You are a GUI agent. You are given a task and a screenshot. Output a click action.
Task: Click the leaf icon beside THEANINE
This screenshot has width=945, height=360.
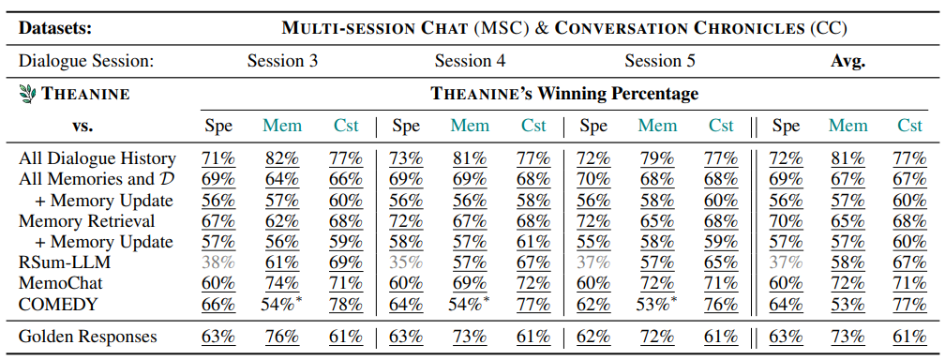click(x=27, y=94)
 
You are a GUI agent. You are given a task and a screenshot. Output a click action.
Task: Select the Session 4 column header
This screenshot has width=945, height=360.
click(x=470, y=61)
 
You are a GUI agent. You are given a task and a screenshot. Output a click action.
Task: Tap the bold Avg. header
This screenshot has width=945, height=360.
click(x=847, y=61)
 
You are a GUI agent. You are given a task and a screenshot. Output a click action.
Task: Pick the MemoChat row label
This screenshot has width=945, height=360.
click(x=61, y=283)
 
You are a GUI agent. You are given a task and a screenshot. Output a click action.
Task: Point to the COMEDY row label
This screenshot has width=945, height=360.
click(x=58, y=305)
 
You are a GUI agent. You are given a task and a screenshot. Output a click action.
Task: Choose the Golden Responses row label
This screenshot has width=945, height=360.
click(x=88, y=336)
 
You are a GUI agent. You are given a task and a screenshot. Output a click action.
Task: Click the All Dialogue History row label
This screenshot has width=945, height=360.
click(x=97, y=158)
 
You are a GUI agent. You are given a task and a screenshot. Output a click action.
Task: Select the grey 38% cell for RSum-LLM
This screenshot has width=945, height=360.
click(x=218, y=262)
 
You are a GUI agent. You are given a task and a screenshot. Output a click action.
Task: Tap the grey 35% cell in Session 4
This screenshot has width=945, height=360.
click(x=406, y=262)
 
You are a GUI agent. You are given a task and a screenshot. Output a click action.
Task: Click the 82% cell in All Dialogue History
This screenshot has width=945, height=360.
click(x=282, y=158)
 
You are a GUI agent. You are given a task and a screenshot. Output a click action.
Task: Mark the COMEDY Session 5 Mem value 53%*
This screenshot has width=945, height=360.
click(x=657, y=305)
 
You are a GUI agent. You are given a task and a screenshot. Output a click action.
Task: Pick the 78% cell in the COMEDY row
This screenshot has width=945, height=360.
click(x=346, y=305)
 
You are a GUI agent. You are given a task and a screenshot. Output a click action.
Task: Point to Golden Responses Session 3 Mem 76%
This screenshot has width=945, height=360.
click(x=282, y=336)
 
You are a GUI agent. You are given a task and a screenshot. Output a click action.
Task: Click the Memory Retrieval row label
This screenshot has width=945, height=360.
click(x=87, y=220)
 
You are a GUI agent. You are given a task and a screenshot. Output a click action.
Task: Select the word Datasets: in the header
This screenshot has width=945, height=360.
click(x=55, y=28)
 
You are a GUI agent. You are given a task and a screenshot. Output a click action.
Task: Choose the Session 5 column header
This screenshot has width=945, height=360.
click(x=659, y=61)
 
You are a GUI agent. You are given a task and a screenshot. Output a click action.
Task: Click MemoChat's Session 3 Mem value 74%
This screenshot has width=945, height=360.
click(x=282, y=283)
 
